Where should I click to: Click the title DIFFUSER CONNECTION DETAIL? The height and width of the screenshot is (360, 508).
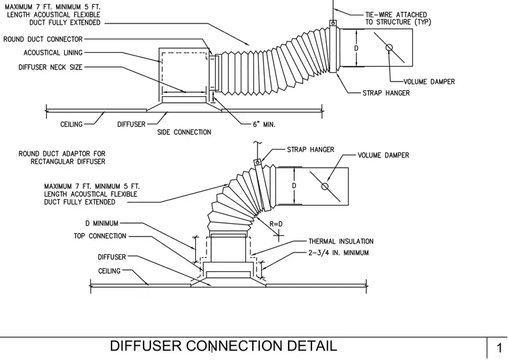coord(223,346)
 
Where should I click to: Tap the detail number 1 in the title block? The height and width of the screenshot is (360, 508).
coord(499,348)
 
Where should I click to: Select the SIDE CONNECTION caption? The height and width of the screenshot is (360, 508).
coord(184,132)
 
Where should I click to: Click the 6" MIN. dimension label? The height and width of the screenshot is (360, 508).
coord(264,124)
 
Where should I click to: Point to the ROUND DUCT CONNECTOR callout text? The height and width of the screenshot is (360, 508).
coord(43,39)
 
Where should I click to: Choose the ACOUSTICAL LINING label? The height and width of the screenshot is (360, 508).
coord(53,53)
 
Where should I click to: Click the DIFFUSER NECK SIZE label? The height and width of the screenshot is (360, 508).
coord(51,67)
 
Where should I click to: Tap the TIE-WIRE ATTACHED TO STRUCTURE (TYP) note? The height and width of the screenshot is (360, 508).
coord(398,19)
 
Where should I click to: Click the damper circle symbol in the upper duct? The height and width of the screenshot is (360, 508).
coord(389,48)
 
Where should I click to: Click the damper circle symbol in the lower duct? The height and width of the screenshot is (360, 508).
coord(325,186)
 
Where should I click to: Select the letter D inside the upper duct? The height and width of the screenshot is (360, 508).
coord(356,48)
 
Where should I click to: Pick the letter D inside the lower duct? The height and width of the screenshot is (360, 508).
coord(294,186)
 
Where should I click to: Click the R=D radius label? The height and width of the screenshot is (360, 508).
coord(276,224)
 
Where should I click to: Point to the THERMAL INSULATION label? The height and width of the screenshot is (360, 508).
coord(341,241)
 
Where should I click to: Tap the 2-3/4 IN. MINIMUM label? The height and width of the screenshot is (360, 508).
coord(339,252)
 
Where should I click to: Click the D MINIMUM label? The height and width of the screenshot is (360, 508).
coord(102,223)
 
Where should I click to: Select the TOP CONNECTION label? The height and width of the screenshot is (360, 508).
coord(100,236)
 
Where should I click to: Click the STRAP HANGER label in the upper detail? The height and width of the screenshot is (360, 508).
coord(386,93)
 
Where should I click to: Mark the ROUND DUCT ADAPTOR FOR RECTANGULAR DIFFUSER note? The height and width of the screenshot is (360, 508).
coord(62,158)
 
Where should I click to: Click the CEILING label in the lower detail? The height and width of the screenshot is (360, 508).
coord(109,271)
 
